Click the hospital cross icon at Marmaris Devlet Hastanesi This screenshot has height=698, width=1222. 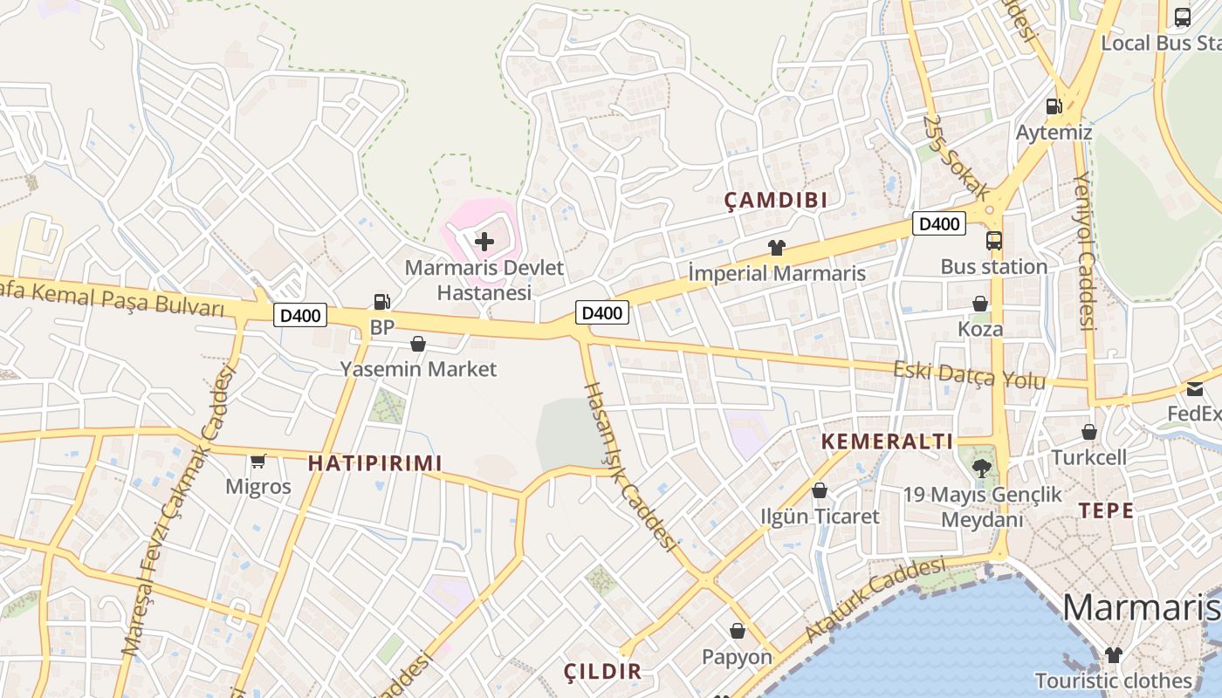pyautogui.click(x=484, y=241)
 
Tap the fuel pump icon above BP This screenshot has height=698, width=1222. pyautogui.click(x=381, y=302)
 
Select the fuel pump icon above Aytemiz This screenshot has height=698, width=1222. pyautogui.click(x=1054, y=106)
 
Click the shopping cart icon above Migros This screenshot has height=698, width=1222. pyautogui.click(x=257, y=461)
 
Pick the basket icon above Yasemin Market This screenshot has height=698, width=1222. pyautogui.click(x=418, y=344)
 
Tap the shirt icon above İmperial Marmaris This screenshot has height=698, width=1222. pyautogui.click(x=776, y=248)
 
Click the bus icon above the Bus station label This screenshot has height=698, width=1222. pyautogui.click(x=993, y=241)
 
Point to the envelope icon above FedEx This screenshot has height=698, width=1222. pyautogui.click(x=1194, y=388)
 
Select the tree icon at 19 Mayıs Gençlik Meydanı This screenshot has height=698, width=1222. pyautogui.click(x=982, y=469)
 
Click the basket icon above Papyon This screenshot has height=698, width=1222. pyautogui.click(x=738, y=631)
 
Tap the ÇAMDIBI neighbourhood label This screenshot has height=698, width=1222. pyautogui.click(x=776, y=201)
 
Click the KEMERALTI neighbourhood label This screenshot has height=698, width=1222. pyautogui.click(x=887, y=441)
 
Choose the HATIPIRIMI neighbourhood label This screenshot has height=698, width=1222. pyautogui.click(x=375, y=463)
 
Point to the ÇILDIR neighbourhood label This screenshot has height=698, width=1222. pyautogui.click(x=602, y=672)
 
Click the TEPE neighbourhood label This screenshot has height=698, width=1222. pyautogui.click(x=1106, y=511)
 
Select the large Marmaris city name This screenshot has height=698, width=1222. pyautogui.click(x=1141, y=607)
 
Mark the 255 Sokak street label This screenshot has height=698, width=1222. pyautogui.click(x=957, y=157)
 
